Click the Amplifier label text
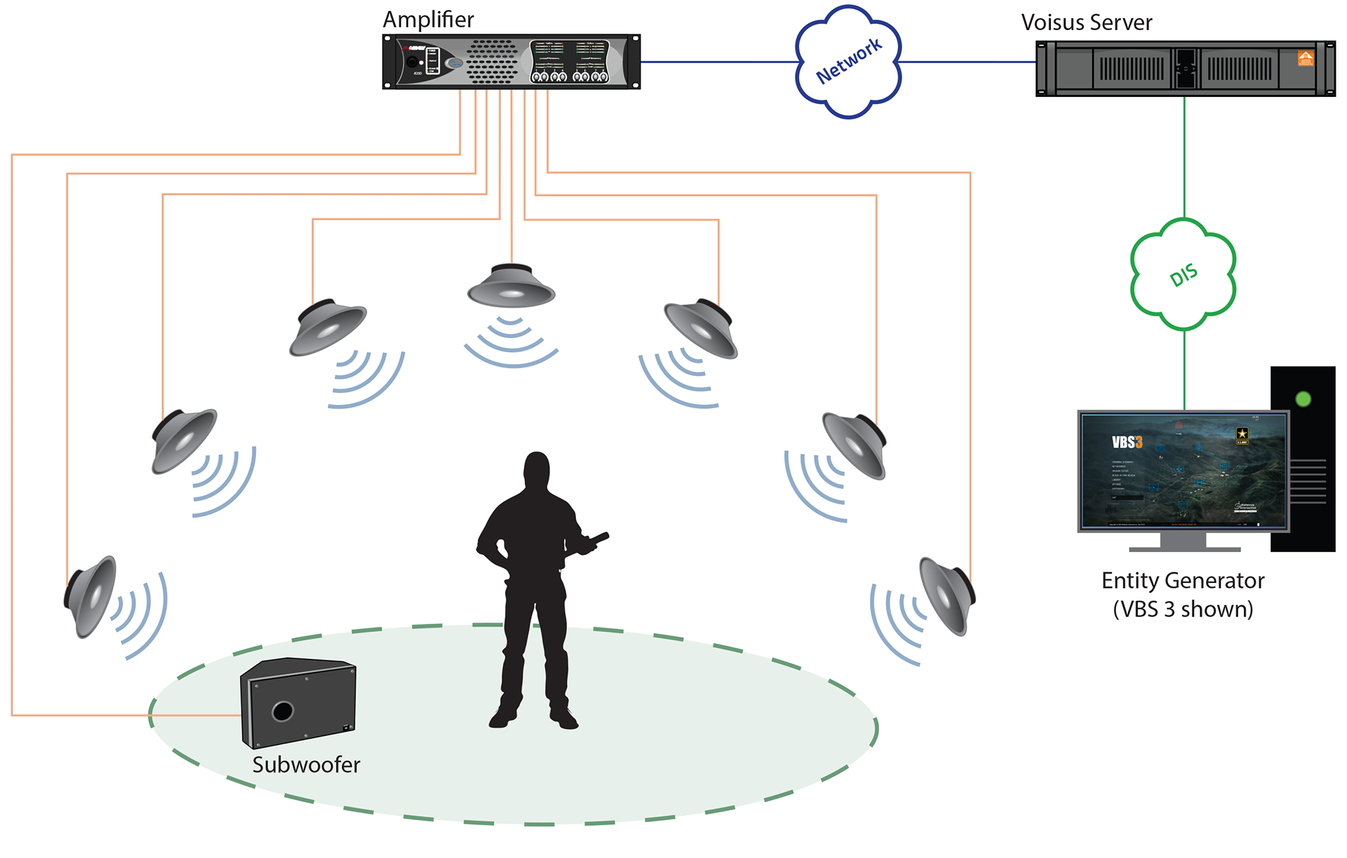428,20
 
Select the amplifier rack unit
511,62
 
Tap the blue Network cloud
848,62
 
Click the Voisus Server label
1086,22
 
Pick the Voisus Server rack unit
1185,69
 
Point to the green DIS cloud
1183,274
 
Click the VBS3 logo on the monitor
1127,442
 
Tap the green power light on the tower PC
1303,399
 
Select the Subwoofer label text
306,765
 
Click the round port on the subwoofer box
283,711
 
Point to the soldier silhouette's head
537,470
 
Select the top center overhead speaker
511,286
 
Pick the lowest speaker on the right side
947,596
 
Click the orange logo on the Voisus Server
1305,58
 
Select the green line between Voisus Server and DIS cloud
1184,157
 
